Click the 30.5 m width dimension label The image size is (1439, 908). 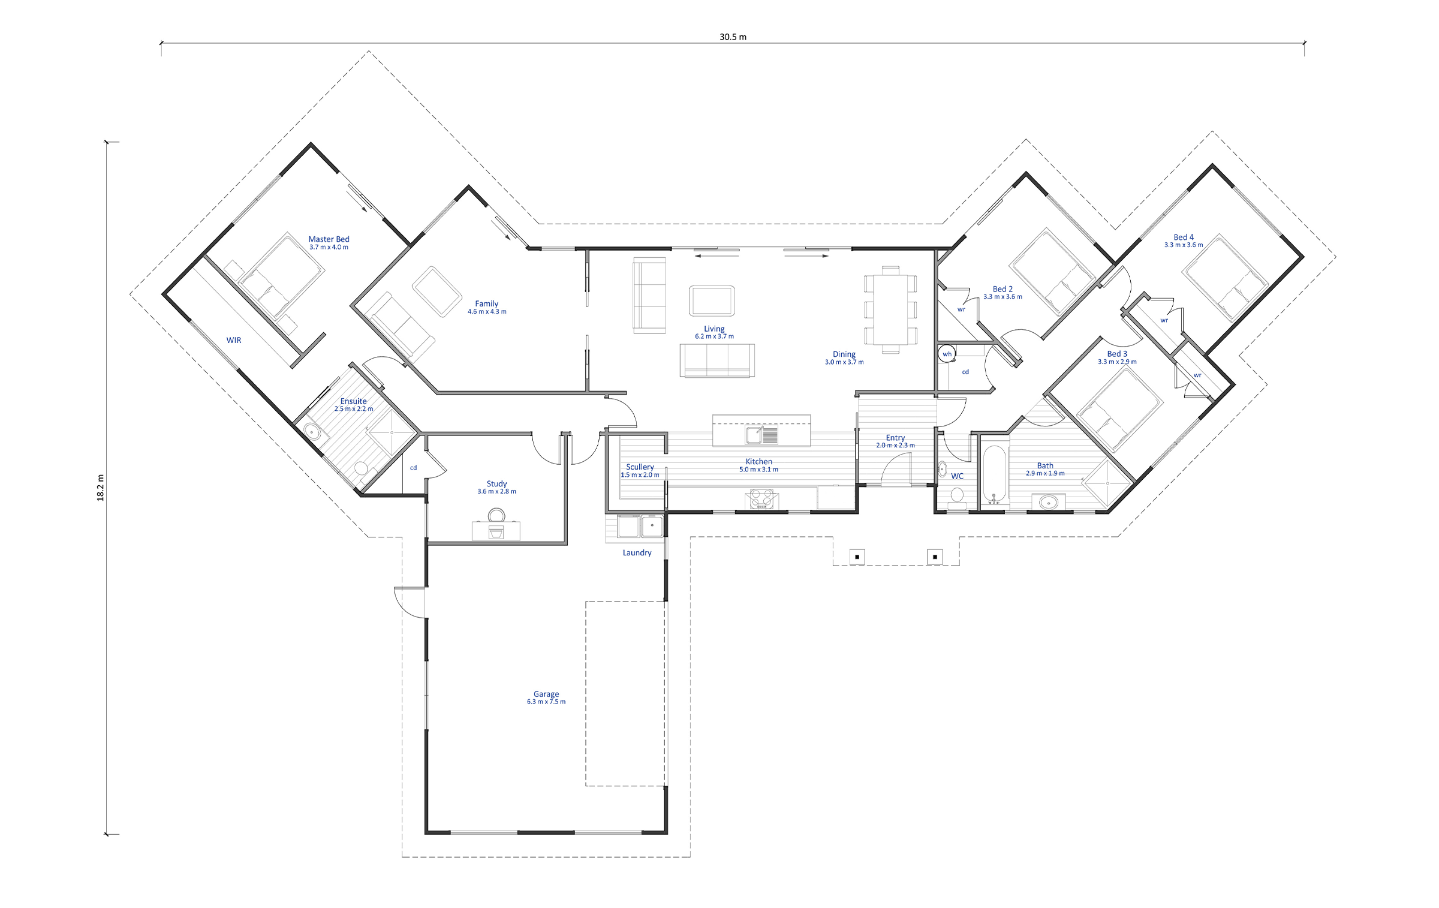(x=733, y=37)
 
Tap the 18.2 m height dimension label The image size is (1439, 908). (x=101, y=488)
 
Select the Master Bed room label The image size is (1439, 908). (x=329, y=239)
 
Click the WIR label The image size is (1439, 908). (x=234, y=340)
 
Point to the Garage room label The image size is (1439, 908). (x=546, y=694)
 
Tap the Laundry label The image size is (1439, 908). (x=637, y=553)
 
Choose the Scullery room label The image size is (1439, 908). (x=640, y=467)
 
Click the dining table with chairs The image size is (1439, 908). (x=890, y=309)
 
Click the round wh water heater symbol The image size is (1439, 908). (x=947, y=354)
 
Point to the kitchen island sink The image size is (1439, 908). (x=761, y=435)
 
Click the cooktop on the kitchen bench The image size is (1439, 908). (x=761, y=500)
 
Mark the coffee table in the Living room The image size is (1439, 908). (x=712, y=300)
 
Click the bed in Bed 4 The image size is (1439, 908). (x=1225, y=276)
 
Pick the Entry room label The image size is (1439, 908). (x=895, y=438)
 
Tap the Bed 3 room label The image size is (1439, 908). (x=1117, y=354)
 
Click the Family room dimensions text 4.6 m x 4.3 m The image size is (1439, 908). (x=487, y=312)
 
